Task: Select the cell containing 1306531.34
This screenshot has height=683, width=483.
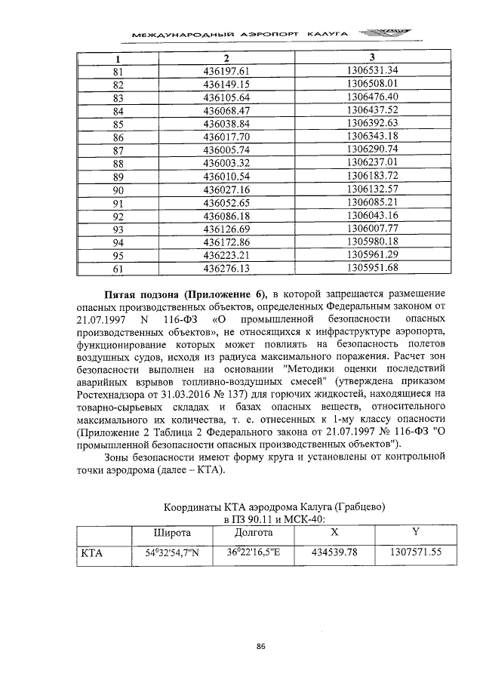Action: [x=371, y=71]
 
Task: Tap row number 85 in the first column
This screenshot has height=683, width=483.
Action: [x=118, y=125]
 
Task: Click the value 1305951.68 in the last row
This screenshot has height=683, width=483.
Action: [x=371, y=268]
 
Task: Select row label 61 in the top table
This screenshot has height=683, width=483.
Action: [x=118, y=268]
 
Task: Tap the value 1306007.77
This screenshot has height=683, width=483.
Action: [x=371, y=229]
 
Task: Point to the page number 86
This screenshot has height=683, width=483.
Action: [x=261, y=646]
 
